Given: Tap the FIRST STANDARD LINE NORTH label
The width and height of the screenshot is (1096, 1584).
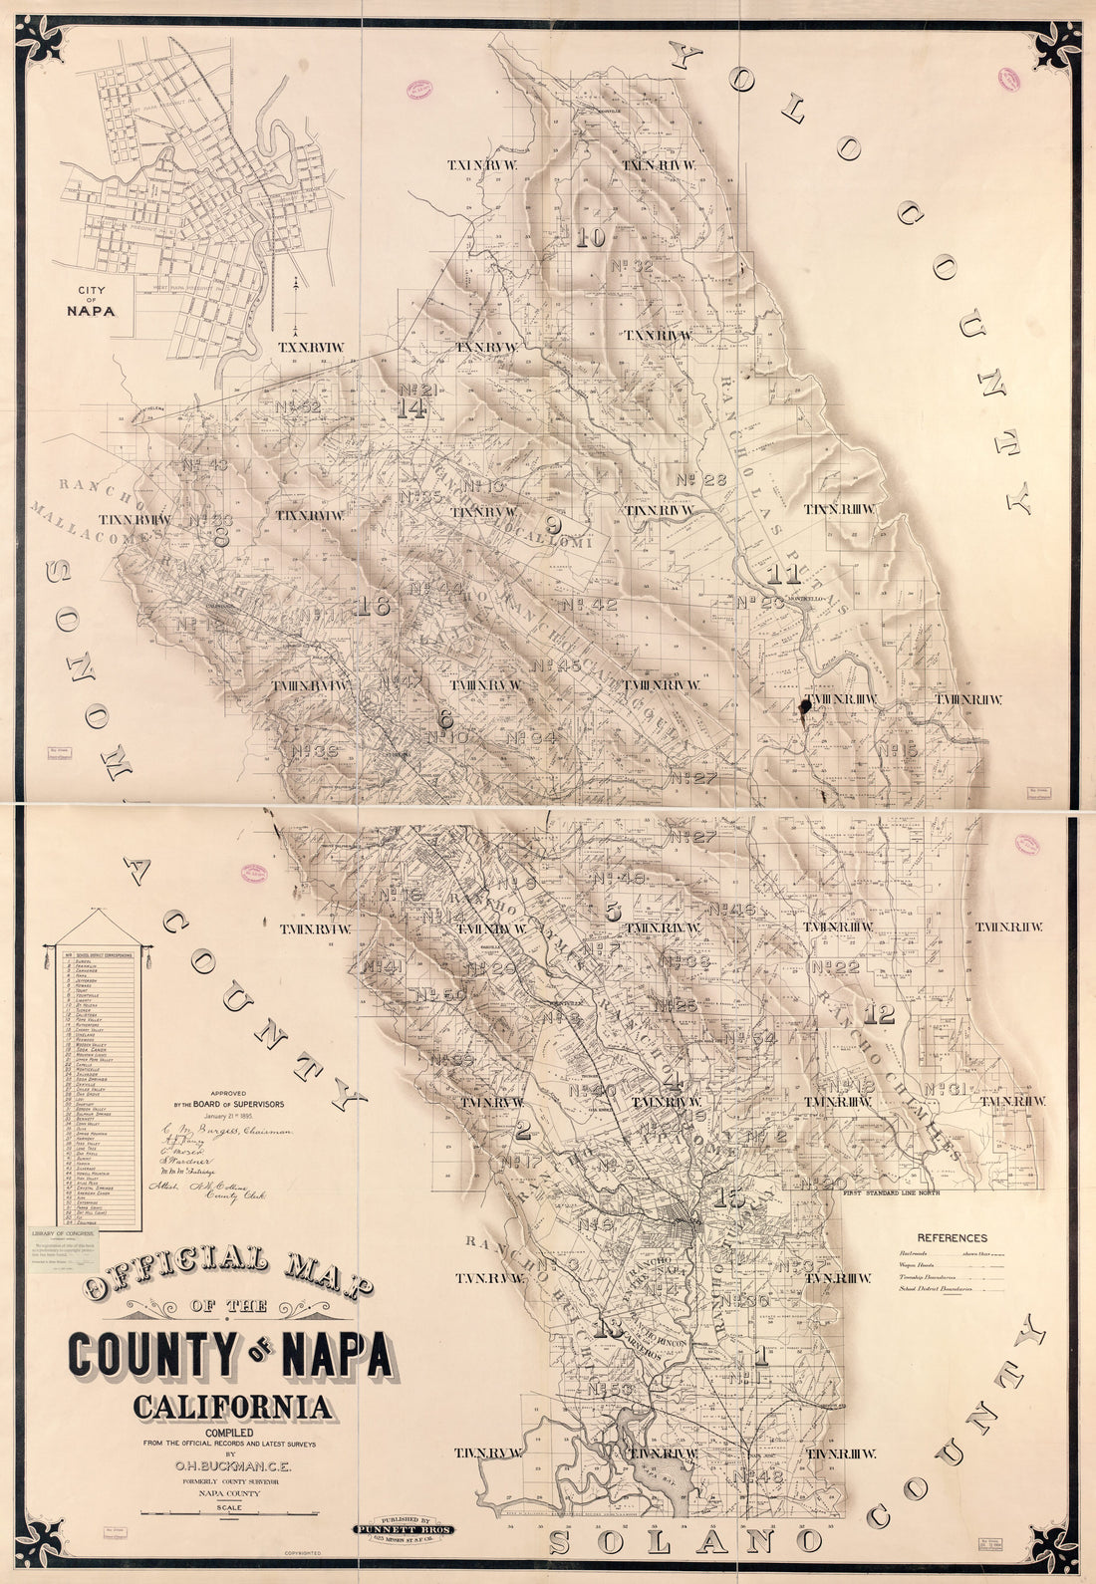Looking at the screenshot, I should (895, 1192).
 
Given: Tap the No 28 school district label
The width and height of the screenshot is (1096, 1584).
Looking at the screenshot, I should (701, 480).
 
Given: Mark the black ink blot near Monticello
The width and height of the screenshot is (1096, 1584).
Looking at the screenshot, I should (802, 707).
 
